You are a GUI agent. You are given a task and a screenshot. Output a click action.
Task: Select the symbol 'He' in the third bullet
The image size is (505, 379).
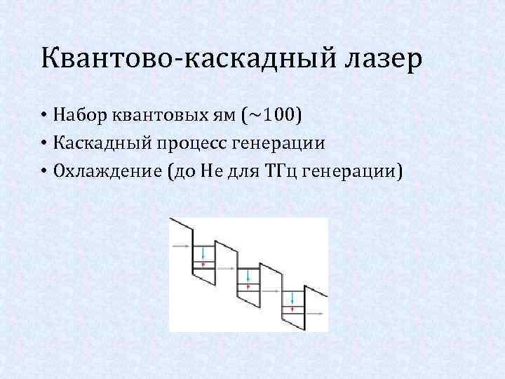point(207,172)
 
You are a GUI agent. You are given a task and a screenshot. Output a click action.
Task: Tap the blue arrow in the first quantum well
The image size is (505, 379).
point(203,251)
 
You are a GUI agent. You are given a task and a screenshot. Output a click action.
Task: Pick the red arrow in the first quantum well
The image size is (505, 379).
point(203,265)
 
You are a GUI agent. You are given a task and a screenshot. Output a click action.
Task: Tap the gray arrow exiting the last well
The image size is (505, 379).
point(316,314)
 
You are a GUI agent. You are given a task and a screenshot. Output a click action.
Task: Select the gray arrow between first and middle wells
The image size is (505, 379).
point(225,269)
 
